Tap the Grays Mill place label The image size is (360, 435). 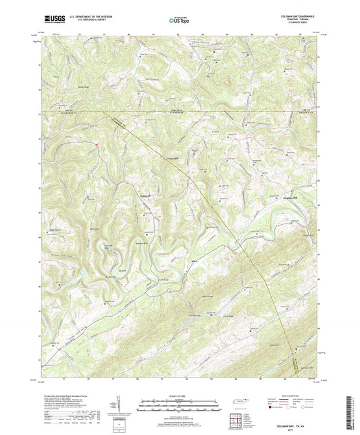tap(172, 159)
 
